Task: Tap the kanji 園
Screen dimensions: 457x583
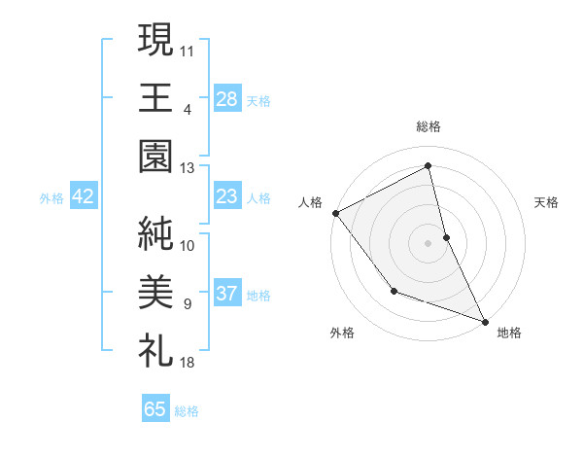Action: [x=155, y=155]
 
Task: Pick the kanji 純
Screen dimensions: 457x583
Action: [x=155, y=234]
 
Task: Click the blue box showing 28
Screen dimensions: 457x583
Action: [x=226, y=99]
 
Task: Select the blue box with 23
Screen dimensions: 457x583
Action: [x=226, y=197]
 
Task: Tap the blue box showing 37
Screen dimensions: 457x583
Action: [x=226, y=295]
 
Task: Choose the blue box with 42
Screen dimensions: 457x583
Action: [x=84, y=197]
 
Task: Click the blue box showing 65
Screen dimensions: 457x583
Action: [x=155, y=409]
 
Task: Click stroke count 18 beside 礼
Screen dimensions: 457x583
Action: [x=188, y=363]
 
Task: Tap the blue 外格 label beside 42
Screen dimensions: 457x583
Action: [x=51, y=198]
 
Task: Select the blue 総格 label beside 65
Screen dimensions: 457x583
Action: [x=187, y=411]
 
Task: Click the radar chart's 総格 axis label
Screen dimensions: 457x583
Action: [x=429, y=126]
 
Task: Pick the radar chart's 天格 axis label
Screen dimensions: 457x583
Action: [x=546, y=202]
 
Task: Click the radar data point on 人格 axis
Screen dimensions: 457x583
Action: [x=335, y=213]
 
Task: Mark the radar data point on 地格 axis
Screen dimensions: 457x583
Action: [x=485, y=320]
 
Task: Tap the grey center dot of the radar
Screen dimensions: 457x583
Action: [x=428, y=242]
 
